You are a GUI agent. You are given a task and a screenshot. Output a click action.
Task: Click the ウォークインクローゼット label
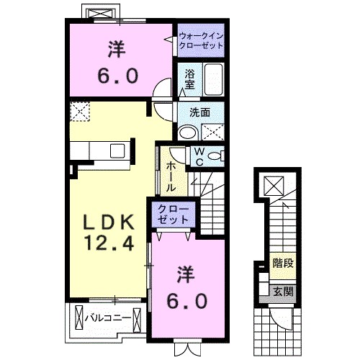click(201, 39)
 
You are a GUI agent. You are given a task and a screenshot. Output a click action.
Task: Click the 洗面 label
click(199, 112)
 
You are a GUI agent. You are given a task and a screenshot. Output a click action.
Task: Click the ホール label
click(171, 176)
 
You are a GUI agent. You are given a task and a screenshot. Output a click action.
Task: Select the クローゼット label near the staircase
click(172, 214)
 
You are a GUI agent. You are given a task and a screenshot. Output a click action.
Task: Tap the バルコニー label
click(108, 317)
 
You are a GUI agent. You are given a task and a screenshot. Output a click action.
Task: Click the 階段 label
click(283, 263)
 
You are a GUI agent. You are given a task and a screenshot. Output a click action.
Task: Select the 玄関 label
click(283, 292)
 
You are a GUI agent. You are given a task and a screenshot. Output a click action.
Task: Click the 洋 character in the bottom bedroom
click(186, 274)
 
